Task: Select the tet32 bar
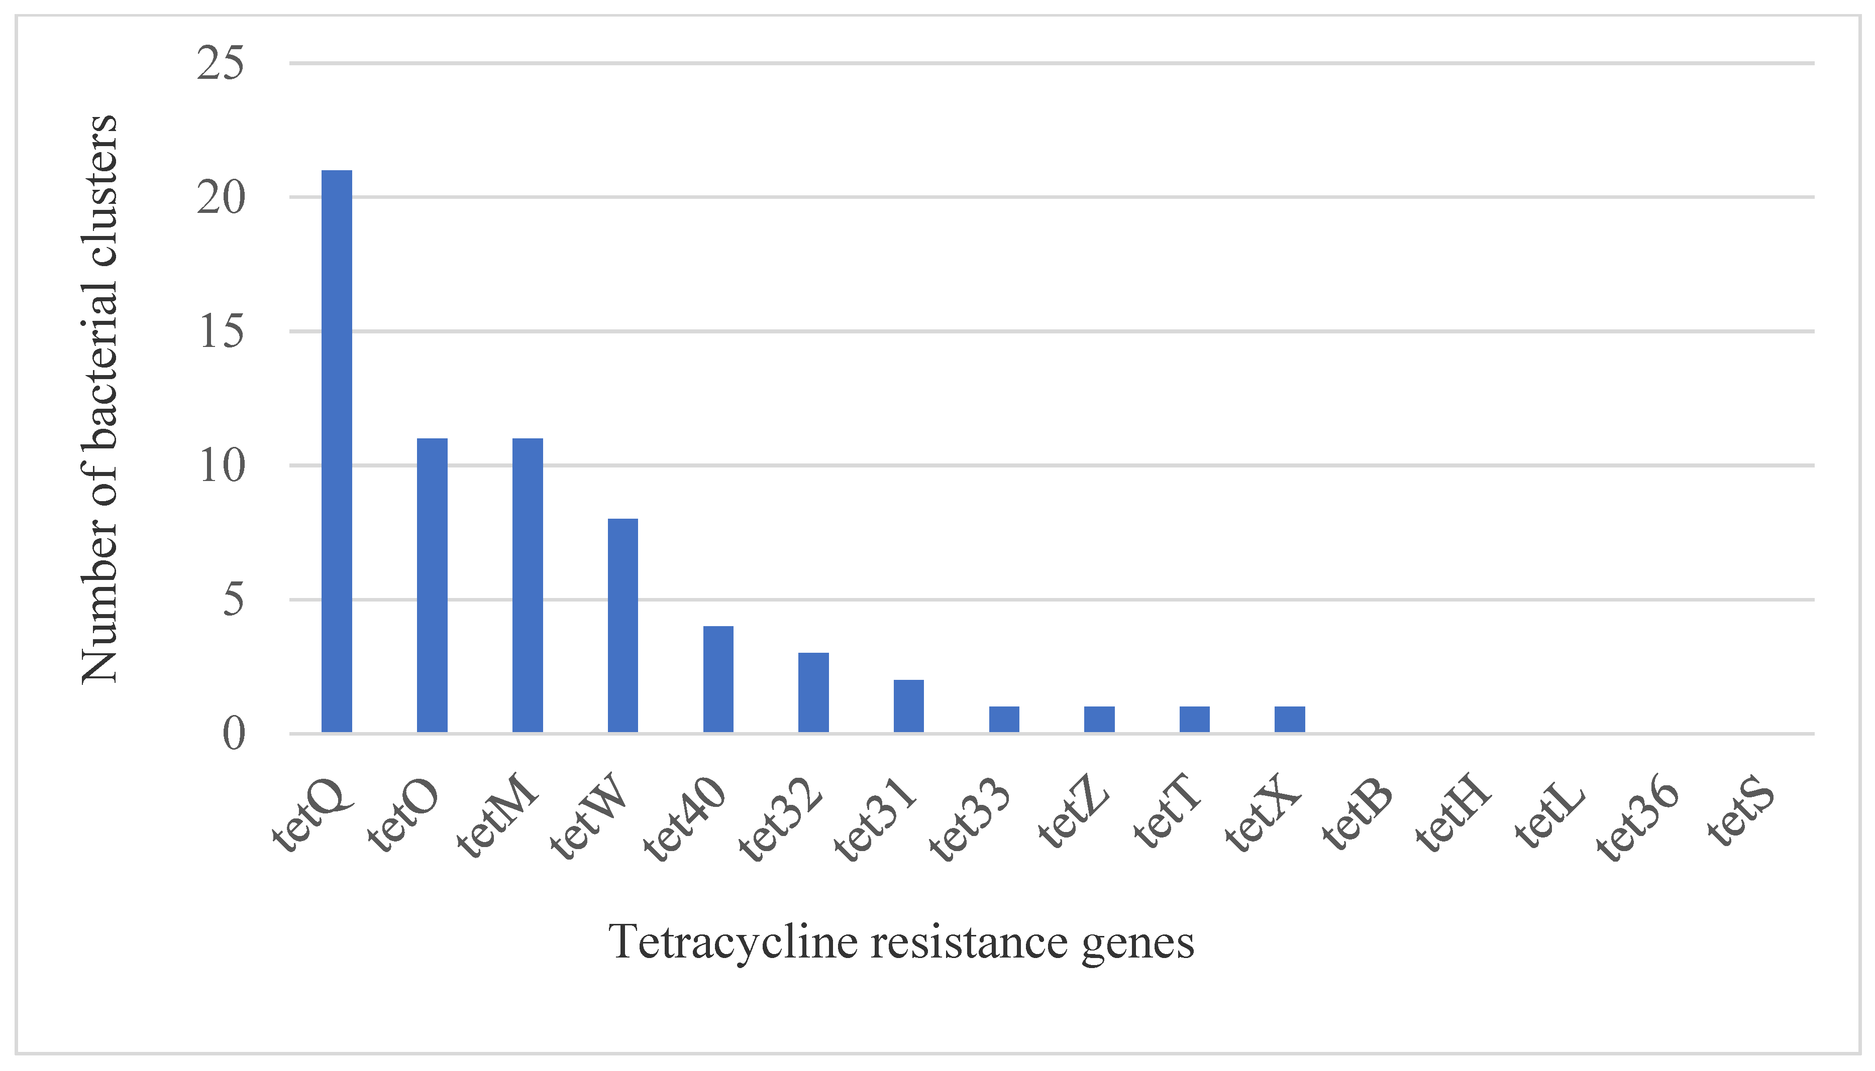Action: tap(813, 692)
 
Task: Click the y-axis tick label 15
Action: tap(221, 332)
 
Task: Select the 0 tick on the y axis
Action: tap(233, 734)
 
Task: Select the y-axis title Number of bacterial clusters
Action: tap(99, 399)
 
